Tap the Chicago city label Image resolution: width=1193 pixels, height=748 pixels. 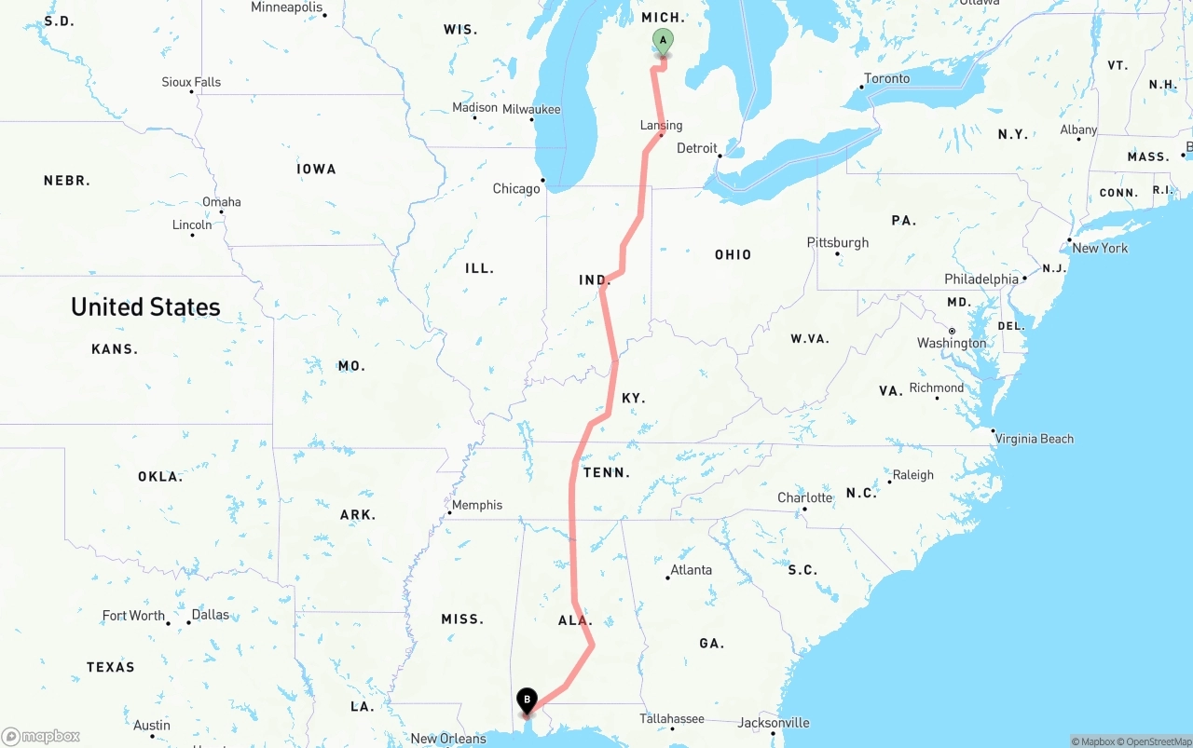(x=516, y=189)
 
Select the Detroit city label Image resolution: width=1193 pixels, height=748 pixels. (x=697, y=148)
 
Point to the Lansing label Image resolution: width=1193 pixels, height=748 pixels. (x=661, y=126)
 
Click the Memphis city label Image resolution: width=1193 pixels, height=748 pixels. (x=477, y=505)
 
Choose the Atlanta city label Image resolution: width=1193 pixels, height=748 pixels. (x=692, y=570)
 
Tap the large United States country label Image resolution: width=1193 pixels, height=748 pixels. (x=145, y=306)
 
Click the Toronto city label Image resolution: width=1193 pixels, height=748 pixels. (x=886, y=78)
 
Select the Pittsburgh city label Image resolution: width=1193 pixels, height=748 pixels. (x=838, y=242)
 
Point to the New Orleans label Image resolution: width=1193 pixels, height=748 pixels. (x=448, y=739)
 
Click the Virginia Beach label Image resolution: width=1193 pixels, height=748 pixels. (x=1034, y=439)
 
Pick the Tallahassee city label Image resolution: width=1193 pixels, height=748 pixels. (x=671, y=718)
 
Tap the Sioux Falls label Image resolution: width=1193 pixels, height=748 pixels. (x=191, y=82)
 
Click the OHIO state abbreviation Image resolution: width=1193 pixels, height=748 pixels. (x=733, y=254)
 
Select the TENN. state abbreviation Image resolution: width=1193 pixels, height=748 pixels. (x=607, y=472)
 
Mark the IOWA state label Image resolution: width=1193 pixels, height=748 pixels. (x=316, y=169)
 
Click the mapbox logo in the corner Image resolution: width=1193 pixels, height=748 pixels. (x=41, y=736)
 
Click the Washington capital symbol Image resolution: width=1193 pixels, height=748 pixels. (x=952, y=331)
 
